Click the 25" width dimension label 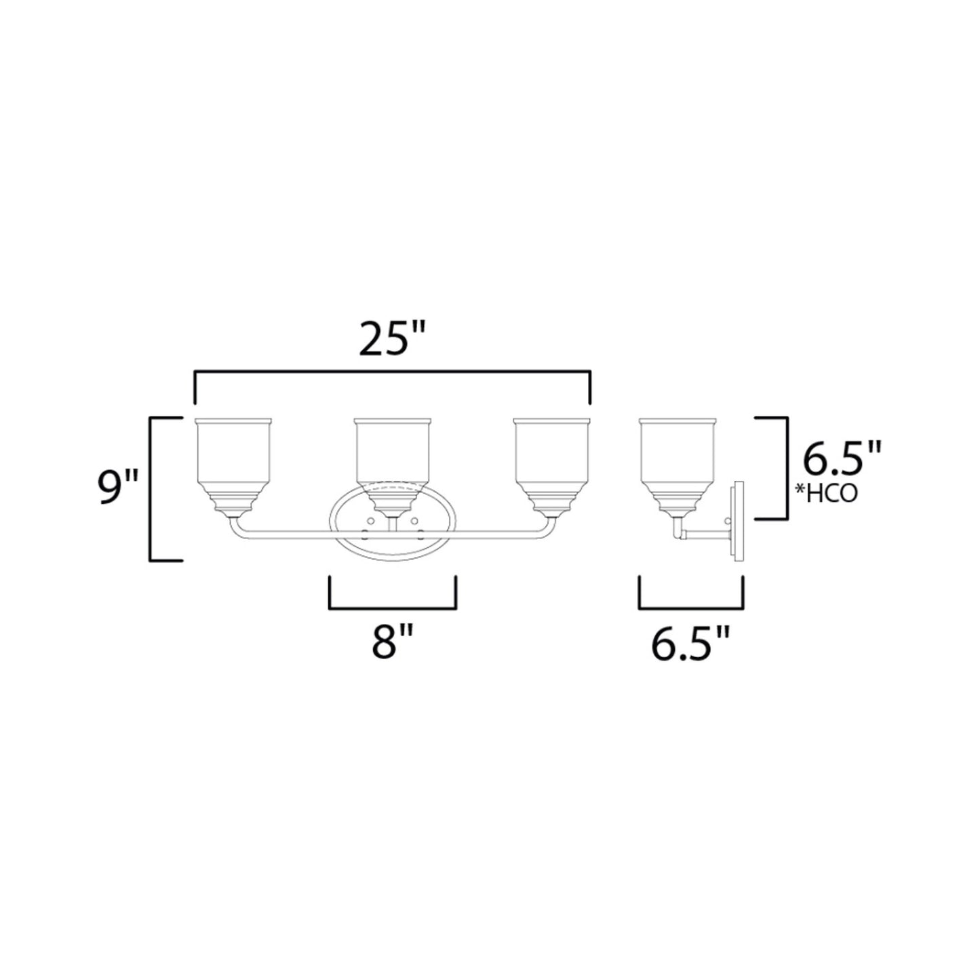(391, 338)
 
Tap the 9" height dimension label (117, 488)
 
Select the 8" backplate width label (391, 642)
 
